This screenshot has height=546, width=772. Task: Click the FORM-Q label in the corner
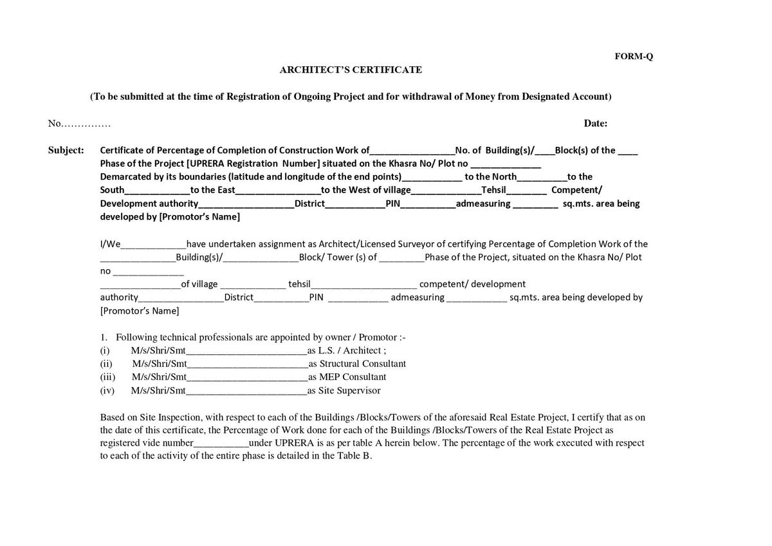(634, 56)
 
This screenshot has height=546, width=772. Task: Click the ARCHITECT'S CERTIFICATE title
(351, 70)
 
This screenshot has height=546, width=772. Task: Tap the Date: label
(596, 123)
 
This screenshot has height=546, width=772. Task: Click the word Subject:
(66, 151)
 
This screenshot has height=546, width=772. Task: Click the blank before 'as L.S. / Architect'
(246, 352)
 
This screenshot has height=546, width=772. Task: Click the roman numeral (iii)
(107, 377)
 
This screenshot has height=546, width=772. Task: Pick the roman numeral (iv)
(107, 391)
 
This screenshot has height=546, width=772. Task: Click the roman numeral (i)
(105, 351)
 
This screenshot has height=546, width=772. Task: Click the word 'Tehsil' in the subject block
(495, 190)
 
